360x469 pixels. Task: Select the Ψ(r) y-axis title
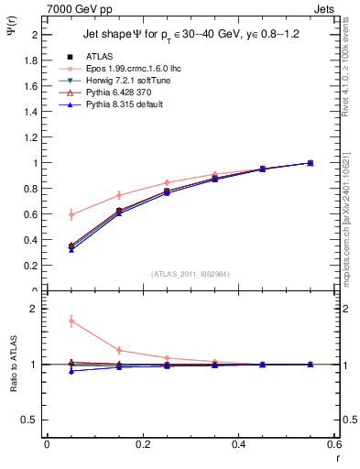11,34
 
